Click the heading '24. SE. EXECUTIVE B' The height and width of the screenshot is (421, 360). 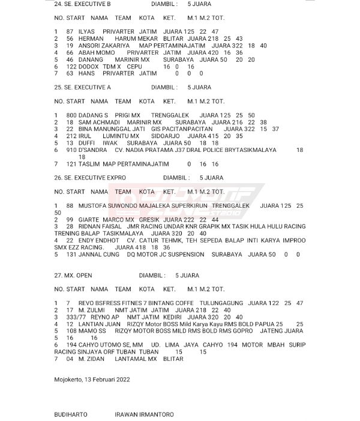(82, 4)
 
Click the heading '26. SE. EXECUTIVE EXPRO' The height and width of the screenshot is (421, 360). (90, 178)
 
